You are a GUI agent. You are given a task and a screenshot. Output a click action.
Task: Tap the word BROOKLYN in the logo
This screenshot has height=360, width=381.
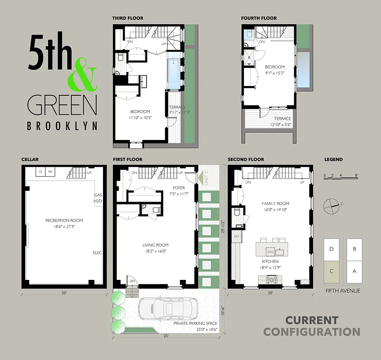62,126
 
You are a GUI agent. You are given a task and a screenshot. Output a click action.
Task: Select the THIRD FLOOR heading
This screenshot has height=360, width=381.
128,18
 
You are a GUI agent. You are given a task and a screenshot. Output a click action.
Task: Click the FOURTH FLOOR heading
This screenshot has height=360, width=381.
259,18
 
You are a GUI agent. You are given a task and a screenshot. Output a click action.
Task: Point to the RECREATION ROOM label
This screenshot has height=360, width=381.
64,220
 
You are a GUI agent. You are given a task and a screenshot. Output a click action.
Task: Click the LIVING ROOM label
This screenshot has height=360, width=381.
156,245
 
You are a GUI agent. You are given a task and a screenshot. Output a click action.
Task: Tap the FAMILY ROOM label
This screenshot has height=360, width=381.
275,204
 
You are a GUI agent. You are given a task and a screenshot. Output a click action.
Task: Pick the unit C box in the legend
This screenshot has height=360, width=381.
332,271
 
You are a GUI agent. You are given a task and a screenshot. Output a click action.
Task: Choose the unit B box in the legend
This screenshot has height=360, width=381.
354,248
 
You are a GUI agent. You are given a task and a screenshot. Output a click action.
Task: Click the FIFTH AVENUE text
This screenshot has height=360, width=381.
343,291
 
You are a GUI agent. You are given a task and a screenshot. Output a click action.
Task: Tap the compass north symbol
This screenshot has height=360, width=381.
332,205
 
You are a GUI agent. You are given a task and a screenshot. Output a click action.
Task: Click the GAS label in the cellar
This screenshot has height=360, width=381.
98,195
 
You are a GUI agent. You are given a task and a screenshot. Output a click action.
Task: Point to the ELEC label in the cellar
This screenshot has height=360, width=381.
97,253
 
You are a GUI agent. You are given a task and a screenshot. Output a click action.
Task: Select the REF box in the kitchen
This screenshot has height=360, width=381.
237,236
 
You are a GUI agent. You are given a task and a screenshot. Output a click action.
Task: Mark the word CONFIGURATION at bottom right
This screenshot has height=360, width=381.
312,332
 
